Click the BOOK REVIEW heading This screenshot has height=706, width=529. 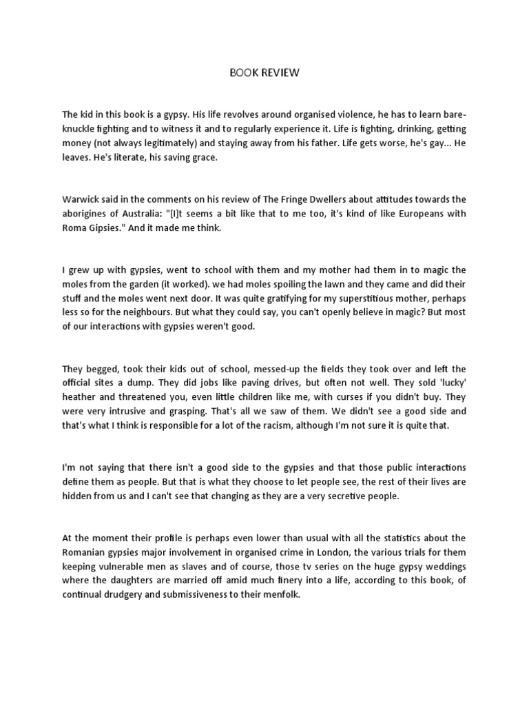pos(264,72)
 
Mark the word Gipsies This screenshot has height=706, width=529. pos(106,228)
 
